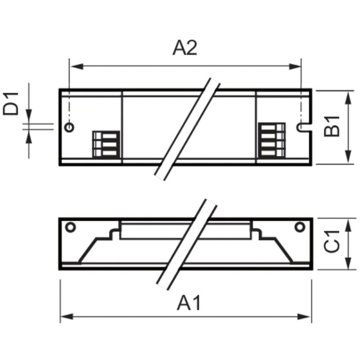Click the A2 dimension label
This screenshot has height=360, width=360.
tap(185, 48)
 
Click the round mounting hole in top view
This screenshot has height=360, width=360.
tap(69, 127)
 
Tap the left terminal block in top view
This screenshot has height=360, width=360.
tap(106, 144)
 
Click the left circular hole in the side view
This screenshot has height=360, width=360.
tap(70, 227)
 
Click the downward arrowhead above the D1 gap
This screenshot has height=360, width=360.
tap(28, 117)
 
